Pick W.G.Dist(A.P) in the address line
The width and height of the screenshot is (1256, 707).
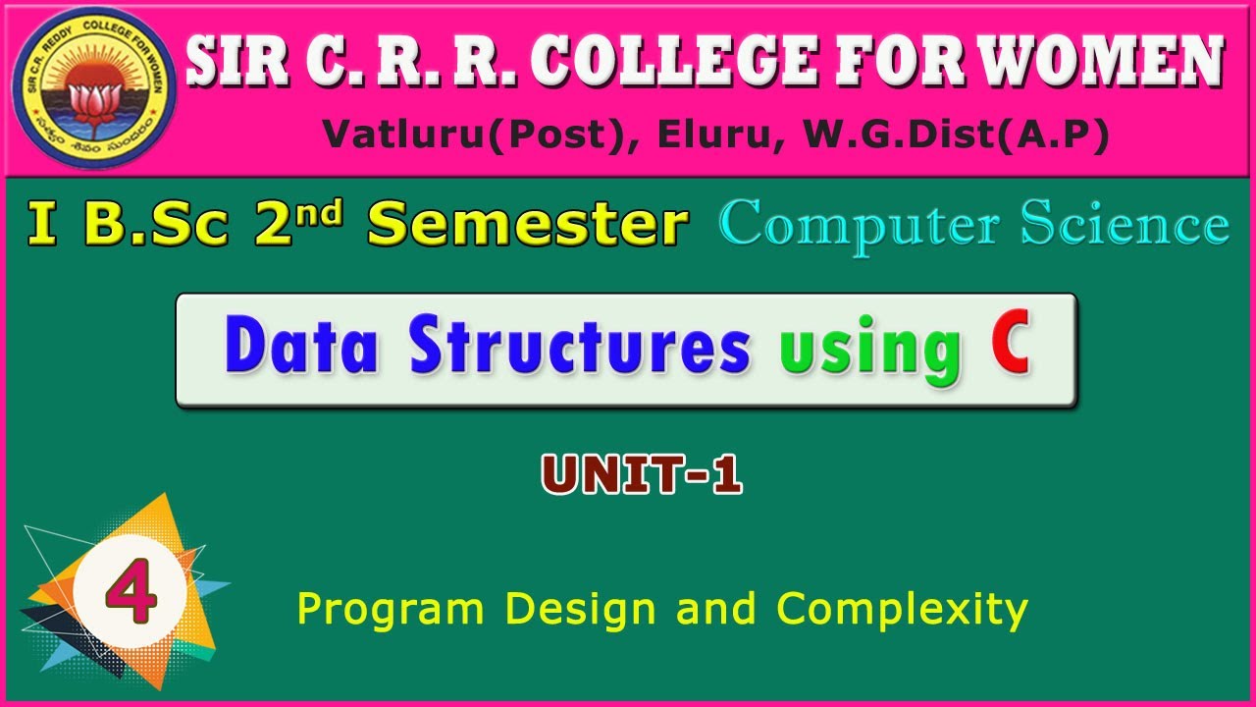point(956,136)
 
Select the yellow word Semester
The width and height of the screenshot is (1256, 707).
point(526,225)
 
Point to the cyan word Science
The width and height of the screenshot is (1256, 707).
point(1124,225)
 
